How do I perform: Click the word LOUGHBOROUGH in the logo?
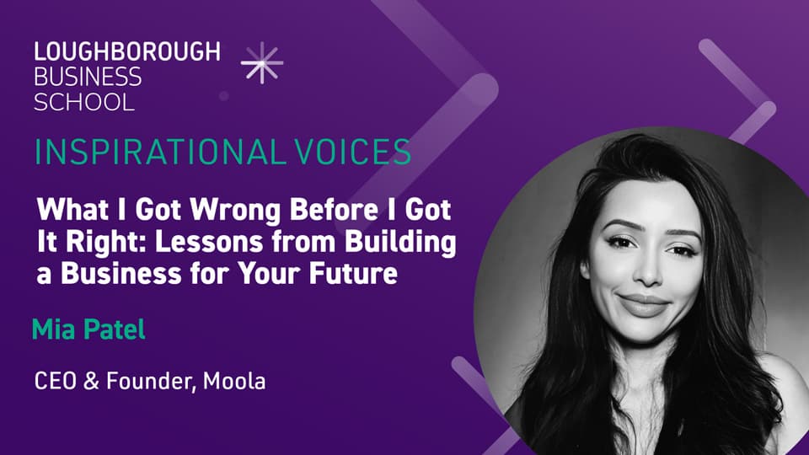point(127,51)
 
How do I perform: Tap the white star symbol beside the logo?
point(262,63)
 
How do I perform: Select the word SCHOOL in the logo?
point(84,102)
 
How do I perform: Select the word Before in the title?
point(334,210)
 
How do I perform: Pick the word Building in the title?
point(400,243)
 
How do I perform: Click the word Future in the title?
point(353,273)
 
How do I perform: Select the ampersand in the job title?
point(91,381)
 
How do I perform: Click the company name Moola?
point(234,381)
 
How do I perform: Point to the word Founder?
point(151,382)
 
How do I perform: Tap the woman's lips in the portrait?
point(643,305)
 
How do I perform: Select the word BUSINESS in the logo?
point(88,78)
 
